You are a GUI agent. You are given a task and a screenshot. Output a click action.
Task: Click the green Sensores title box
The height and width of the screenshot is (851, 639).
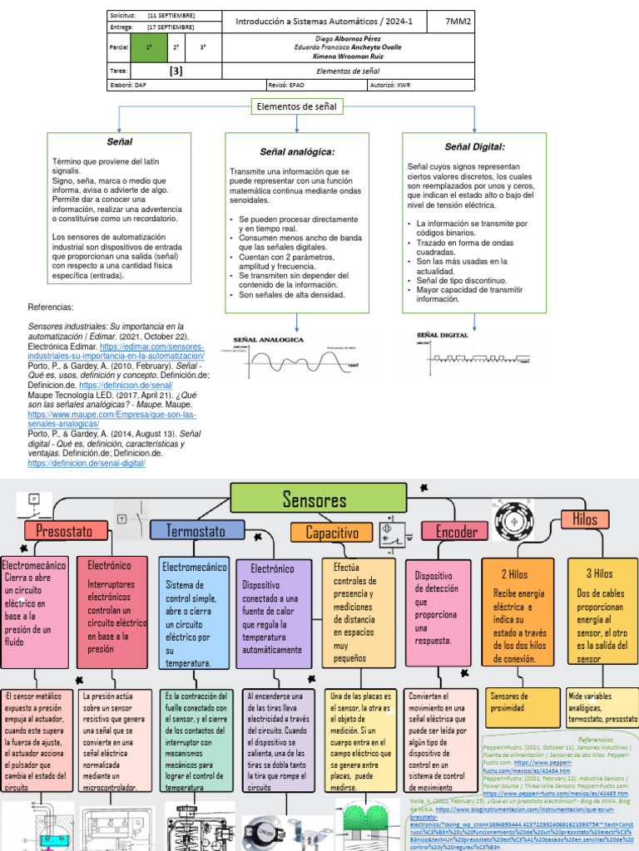pos(314,499)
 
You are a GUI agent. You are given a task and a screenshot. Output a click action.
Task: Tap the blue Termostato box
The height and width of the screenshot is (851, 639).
pos(196,530)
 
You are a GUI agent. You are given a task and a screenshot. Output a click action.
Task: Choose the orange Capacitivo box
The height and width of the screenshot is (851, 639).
pos(331,532)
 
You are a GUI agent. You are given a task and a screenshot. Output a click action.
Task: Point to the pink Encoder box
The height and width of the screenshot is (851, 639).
pos(457,531)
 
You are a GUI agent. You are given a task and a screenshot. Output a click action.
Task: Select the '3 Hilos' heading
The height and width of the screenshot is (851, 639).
pos(599,573)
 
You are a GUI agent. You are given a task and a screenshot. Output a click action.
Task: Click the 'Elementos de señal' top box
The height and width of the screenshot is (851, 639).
pos(297,106)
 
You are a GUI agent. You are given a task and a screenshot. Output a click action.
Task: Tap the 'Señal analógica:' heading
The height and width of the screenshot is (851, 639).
pos(297,151)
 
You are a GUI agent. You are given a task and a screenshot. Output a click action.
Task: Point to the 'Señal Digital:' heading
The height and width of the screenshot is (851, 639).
pos(474,146)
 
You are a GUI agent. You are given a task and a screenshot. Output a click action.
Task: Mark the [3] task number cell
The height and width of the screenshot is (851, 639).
pos(176,71)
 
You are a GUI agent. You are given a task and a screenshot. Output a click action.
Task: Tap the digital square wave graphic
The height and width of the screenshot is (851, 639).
pos(473,352)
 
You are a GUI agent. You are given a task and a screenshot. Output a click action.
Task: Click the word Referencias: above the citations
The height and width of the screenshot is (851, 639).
pos(51,307)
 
